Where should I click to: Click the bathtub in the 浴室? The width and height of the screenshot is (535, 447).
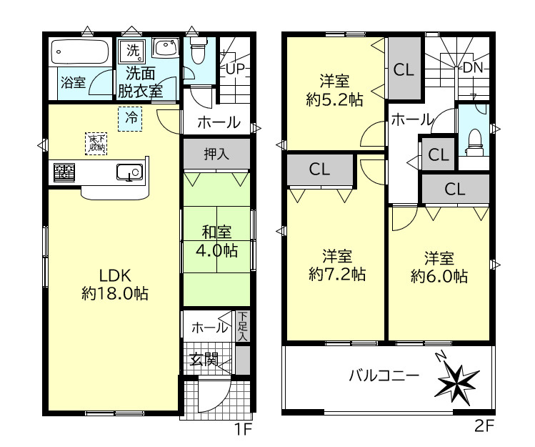(x=80, y=52)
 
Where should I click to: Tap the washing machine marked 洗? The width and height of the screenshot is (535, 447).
(x=132, y=51)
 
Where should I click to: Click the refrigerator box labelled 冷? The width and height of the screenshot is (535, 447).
(x=130, y=119)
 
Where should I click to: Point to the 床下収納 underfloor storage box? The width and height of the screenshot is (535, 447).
(x=96, y=144)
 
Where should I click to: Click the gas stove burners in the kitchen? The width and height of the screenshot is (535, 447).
(x=64, y=172)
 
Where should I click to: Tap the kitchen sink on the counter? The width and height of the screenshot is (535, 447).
(x=129, y=172)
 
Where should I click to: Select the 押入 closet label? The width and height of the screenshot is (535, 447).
(x=216, y=154)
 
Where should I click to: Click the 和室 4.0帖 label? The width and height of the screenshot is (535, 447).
(x=216, y=241)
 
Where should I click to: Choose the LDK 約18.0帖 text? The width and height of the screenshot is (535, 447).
(x=115, y=284)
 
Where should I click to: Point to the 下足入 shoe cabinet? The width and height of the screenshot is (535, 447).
(x=242, y=325)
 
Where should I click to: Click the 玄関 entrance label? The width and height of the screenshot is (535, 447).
(x=204, y=360)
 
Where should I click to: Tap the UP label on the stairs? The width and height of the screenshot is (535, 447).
(x=235, y=69)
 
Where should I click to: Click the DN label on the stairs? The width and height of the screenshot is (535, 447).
(x=474, y=68)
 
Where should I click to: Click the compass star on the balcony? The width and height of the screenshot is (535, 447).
(x=457, y=381)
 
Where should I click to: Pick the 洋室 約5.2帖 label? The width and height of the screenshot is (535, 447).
(x=334, y=91)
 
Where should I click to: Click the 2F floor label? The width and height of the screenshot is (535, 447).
(x=484, y=426)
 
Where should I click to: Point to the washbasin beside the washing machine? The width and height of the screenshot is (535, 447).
(x=165, y=48)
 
